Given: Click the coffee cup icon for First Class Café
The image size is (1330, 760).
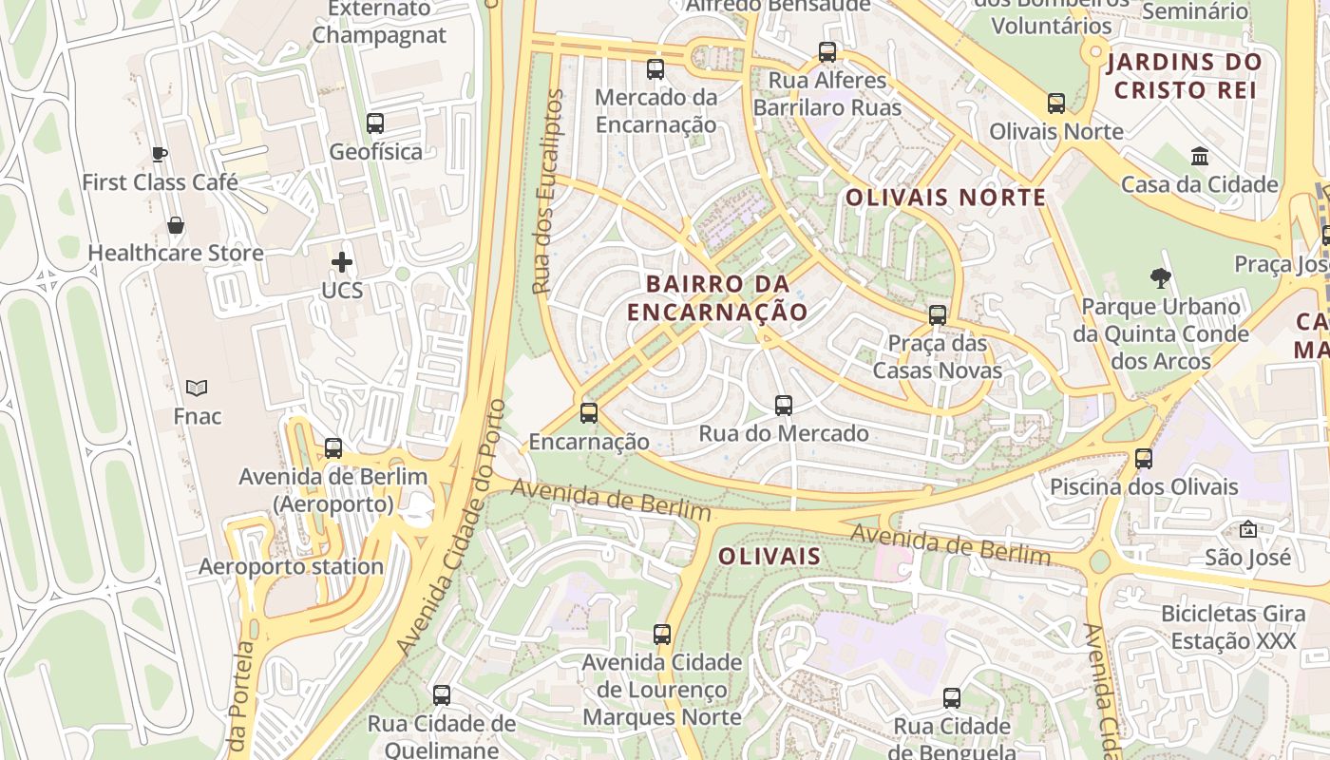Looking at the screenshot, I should [160, 154].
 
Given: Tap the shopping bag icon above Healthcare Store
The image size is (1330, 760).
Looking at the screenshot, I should [176, 225].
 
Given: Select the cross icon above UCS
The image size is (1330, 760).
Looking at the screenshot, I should [342, 262].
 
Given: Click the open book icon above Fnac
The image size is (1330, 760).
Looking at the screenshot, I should [197, 388].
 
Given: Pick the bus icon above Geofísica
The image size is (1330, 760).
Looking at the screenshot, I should [375, 123].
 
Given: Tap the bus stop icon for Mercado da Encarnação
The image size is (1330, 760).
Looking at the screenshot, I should [655, 68].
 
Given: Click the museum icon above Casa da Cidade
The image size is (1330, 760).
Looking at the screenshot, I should [1200, 156].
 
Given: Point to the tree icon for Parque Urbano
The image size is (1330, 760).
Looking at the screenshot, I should [1160, 278].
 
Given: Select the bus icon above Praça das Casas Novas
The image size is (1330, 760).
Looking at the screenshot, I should [938, 314].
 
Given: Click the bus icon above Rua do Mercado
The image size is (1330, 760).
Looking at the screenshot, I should [784, 406].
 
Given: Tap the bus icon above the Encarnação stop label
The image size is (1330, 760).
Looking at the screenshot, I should [589, 413].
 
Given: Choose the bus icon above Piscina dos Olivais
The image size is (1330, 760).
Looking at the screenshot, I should [1144, 459].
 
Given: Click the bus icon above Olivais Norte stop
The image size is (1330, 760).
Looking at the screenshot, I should [1056, 103].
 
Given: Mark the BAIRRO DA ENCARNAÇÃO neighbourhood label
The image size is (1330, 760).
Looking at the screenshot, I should [717, 297].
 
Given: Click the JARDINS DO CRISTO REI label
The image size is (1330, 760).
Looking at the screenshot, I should [1185, 76].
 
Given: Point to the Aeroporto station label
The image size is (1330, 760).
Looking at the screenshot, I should [291, 567].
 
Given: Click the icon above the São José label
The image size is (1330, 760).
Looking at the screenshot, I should [1248, 529].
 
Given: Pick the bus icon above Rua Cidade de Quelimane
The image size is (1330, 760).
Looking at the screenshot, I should [442, 694].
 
